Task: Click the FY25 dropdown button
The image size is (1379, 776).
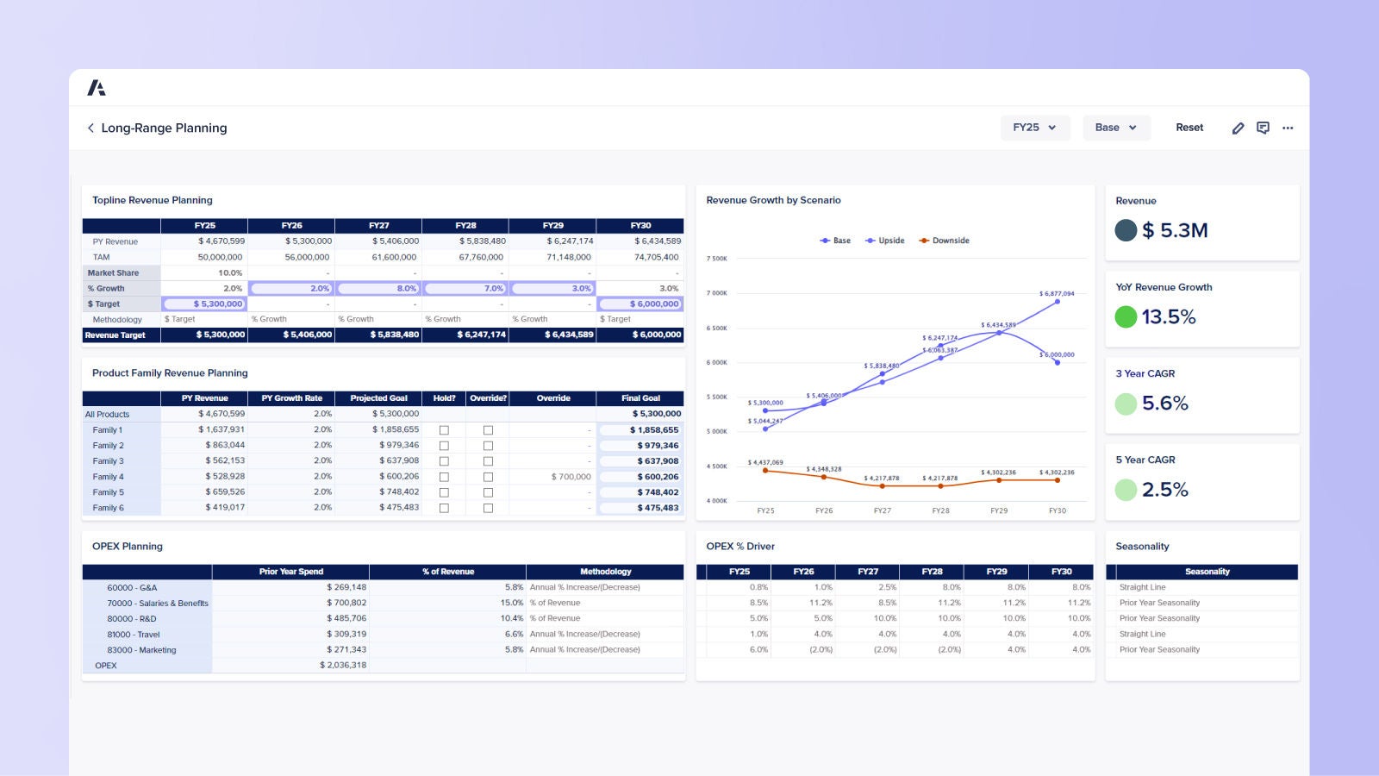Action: click(1034, 128)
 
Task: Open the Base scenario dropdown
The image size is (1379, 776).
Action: click(1116, 128)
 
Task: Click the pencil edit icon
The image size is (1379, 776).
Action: click(1238, 128)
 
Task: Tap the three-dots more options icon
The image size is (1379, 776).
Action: click(1288, 128)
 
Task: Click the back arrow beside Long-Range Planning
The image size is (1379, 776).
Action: click(90, 128)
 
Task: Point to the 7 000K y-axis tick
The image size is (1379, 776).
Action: click(717, 293)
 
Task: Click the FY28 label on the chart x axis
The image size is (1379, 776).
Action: click(940, 510)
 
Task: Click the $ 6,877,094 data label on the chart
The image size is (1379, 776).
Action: click(1057, 293)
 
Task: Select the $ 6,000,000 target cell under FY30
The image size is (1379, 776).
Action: click(640, 304)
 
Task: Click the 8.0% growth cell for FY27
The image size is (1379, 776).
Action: click(378, 288)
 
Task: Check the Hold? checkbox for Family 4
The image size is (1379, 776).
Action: click(444, 477)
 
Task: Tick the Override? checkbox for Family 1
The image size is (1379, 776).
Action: click(488, 430)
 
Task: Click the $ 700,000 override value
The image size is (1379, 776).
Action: click(571, 477)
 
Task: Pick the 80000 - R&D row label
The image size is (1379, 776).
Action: click(132, 618)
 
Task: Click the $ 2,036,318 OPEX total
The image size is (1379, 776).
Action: click(343, 665)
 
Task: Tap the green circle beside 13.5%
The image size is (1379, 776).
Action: click(1126, 317)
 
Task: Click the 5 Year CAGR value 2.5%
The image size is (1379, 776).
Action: click(1164, 490)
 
